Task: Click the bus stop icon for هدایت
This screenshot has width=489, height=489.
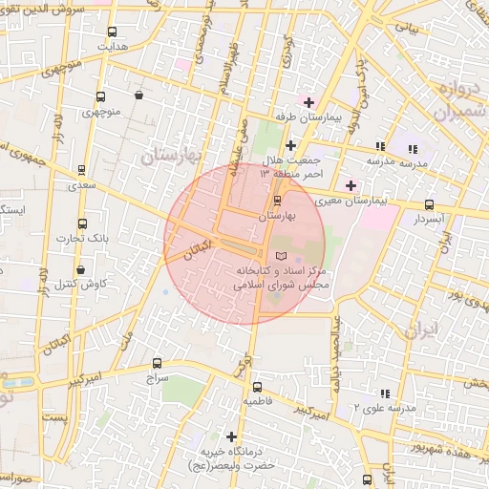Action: pos(114,32)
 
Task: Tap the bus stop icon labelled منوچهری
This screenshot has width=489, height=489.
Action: pos(100,96)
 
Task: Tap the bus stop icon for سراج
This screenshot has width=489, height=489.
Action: pos(158,364)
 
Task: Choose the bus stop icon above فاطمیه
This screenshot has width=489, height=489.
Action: pos(258,387)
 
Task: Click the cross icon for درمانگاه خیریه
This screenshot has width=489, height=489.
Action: pos(230,436)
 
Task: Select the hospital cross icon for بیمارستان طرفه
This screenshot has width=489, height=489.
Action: pos(308,102)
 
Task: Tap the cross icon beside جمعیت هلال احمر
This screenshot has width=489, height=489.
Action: pos(290,145)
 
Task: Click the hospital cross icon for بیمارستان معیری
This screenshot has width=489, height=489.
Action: pos(351,185)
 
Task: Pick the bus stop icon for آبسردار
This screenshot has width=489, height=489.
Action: pos(430,204)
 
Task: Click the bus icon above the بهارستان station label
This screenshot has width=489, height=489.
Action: pos(278,202)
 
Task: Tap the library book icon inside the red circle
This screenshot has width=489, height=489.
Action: pos(280,256)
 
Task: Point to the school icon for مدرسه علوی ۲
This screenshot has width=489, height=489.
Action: pos(383,393)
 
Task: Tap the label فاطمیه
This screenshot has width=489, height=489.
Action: pos(258,401)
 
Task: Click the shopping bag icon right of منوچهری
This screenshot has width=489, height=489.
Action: pos(139,96)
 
